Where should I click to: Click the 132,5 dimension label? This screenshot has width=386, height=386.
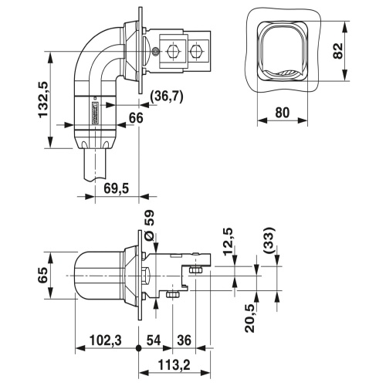coord(43,100)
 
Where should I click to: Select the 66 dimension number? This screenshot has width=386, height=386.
coord(136,118)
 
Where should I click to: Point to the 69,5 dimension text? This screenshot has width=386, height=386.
coord(116,188)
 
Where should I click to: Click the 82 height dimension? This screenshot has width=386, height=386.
coord(338,51)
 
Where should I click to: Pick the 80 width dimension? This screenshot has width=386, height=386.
coord(283,113)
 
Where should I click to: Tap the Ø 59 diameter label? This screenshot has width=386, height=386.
coord(149,225)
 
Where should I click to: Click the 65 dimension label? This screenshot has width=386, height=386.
coord(43,275)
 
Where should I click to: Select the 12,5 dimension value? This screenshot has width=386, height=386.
coord(229,242)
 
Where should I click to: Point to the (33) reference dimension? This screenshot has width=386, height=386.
coord(269,241)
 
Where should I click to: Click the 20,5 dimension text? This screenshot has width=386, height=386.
coord(250,318)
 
